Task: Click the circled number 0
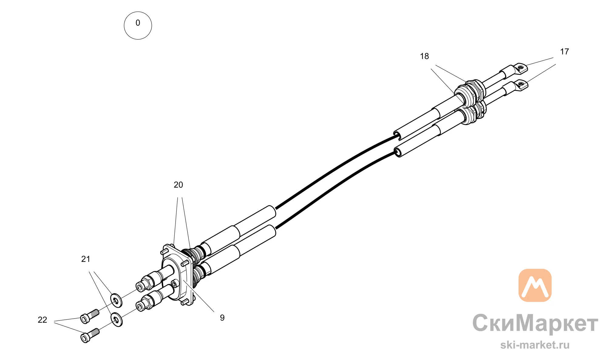click(138, 25)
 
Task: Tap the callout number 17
click(564, 52)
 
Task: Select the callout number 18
click(424, 56)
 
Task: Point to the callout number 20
click(178, 185)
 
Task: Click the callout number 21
click(86, 259)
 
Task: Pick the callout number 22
click(42, 320)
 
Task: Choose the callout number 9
click(222, 318)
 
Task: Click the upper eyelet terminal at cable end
click(521, 68)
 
